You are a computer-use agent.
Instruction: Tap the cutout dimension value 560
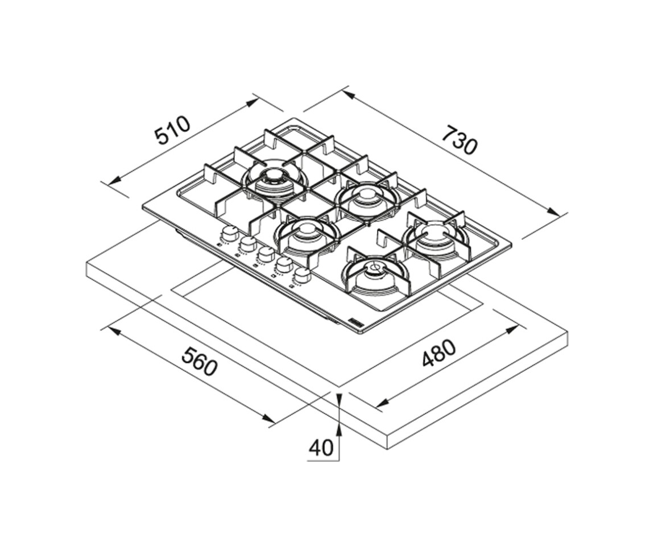click(x=200, y=362)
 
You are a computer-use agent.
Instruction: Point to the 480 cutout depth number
click(x=437, y=353)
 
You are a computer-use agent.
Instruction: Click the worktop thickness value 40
click(x=321, y=447)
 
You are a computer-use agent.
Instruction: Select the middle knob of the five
click(x=266, y=254)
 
